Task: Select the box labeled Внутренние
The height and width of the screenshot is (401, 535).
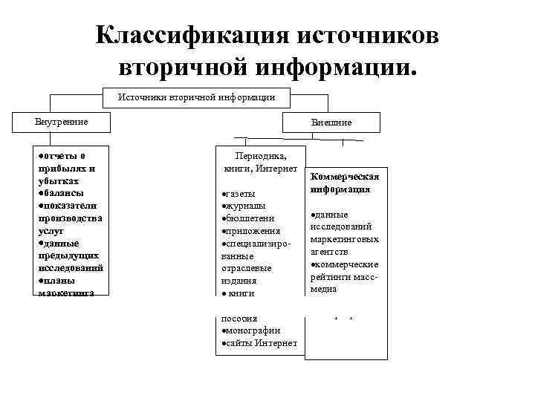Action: [62, 122]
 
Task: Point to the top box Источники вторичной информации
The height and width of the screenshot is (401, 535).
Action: [197, 97]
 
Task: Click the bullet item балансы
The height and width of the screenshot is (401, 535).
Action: [62, 192]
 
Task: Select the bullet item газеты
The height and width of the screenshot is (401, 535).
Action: [241, 193]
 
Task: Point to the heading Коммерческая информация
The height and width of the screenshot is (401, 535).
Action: [345, 183]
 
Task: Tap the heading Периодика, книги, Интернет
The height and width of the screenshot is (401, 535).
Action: [259, 163]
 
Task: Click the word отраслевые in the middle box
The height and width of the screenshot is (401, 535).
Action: [247, 268]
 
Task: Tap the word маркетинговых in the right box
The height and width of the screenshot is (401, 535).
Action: [345, 239]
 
